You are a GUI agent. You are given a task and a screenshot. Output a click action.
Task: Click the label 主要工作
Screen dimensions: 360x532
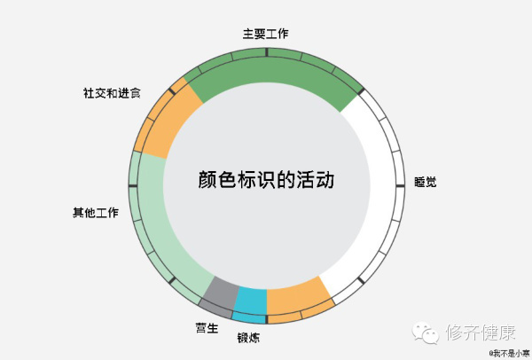point(265,34)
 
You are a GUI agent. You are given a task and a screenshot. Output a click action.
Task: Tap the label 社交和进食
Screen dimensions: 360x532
point(112,93)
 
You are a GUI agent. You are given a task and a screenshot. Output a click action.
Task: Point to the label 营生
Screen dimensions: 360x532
point(207,328)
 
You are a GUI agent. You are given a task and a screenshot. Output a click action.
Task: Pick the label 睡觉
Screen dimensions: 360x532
point(425,183)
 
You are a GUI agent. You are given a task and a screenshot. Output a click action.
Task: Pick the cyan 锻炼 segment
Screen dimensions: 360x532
point(250,303)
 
